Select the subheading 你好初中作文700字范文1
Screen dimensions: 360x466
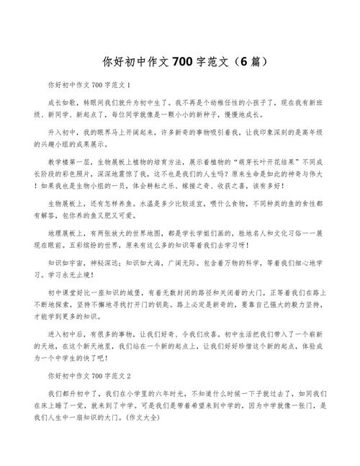[89, 85]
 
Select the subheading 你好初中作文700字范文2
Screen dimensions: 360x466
[89, 375]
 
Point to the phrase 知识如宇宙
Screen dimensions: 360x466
[65, 264]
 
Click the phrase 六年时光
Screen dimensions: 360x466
[162, 394]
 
